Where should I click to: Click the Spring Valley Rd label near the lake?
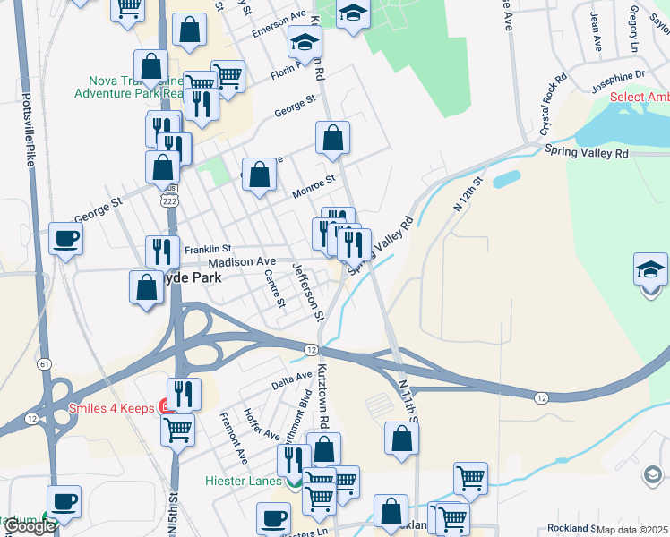click(x=587, y=153)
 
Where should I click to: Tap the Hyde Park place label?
click(x=192, y=278)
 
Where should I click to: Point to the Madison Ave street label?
click(x=241, y=261)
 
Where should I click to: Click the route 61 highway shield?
click(x=42, y=364)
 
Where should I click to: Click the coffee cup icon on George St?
click(x=65, y=239)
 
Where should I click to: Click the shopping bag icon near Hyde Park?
click(x=146, y=288)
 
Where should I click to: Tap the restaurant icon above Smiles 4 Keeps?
click(x=184, y=393)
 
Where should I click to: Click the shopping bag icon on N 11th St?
click(x=401, y=439)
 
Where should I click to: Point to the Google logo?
click(x=30, y=527)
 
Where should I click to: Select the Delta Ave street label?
click(x=291, y=381)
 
